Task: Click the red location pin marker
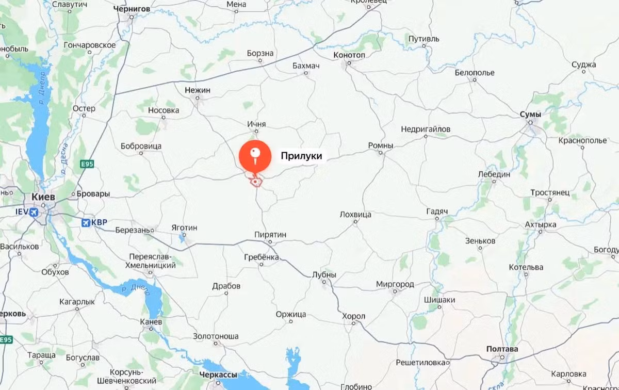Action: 254,154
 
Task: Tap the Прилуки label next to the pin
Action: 301,156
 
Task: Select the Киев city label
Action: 43,197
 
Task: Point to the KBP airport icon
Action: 86,222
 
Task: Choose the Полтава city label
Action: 502,349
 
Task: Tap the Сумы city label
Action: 531,114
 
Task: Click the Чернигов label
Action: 133,9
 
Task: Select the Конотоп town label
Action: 349,55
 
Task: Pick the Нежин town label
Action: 198,90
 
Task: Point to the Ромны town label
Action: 381,146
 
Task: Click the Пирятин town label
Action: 270,235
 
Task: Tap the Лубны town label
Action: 324,275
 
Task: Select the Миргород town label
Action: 395,284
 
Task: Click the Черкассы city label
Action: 219,375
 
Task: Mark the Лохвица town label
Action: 355,215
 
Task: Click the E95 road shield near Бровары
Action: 87,164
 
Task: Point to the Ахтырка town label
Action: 540,225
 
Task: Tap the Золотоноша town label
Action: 216,336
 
